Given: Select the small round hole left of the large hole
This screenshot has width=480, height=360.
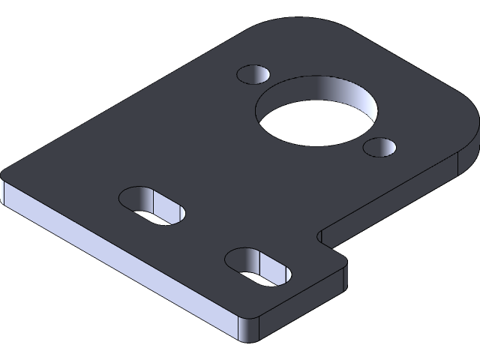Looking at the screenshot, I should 253,74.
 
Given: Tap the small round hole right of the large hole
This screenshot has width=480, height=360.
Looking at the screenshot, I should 380,146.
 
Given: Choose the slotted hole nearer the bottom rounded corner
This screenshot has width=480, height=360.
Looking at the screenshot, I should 257,266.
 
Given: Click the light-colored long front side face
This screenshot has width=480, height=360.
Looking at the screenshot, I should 112,255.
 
